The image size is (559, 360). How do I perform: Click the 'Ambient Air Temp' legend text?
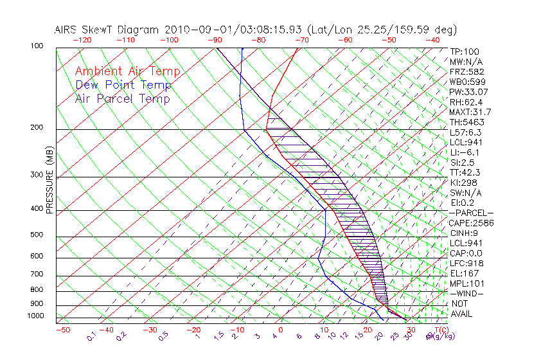pyautogui.click(x=127, y=71)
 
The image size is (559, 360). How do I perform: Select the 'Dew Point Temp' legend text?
pyautogui.click(x=123, y=85)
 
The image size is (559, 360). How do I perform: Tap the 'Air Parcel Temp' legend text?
pyautogui.click(x=122, y=98)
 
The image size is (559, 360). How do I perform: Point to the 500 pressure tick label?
pyautogui.click(x=37, y=235)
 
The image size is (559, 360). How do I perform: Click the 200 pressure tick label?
pyautogui.click(x=37, y=128)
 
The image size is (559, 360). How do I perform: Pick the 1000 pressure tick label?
pyautogui.click(x=35, y=316)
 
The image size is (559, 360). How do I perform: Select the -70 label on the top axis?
pyautogui.click(x=301, y=40)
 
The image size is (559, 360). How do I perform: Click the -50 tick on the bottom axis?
pyautogui.click(x=62, y=330)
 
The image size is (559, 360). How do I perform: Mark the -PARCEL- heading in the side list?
pyautogui.click(x=472, y=213)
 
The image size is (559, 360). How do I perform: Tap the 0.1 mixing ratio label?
pyautogui.click(x=91, y=336)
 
